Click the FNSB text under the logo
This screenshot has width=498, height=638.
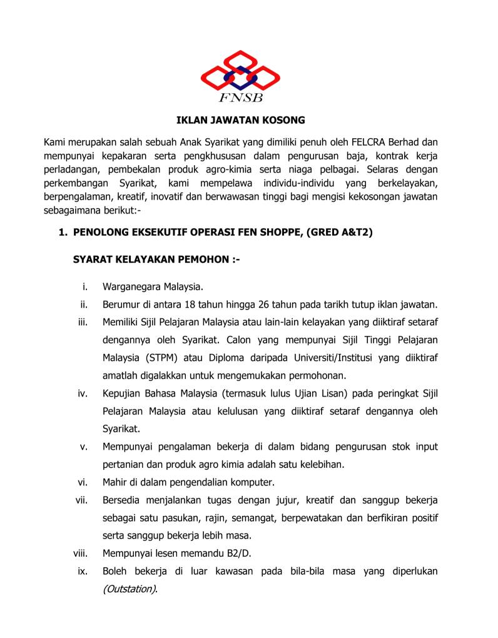pyautogui.click(x=240, y=98)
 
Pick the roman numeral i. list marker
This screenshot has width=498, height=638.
pyautogui.click(x=83, y=286)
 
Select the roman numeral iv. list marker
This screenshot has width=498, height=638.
pyautogui.click(x=82, y=393)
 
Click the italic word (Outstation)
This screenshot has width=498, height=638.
pyautogui.click(x=130, y=589)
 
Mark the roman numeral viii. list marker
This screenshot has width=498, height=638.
pyautogui.click(x=79, y=554)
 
